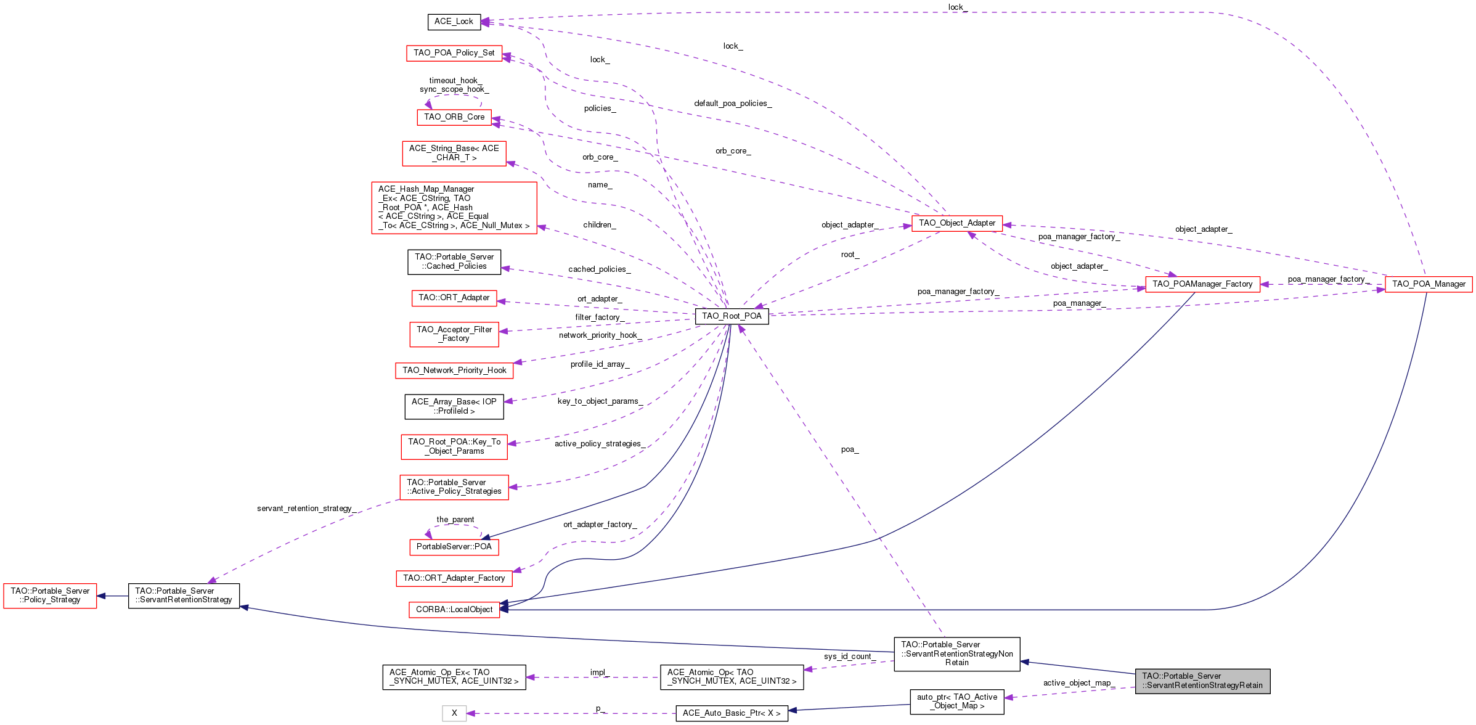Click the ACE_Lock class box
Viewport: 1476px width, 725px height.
tap(454, 22)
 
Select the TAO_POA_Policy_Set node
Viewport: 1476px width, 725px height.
tap(454, 53)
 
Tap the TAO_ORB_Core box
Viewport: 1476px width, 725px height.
tap(454, 117)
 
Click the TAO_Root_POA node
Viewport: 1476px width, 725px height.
tap(732, 316)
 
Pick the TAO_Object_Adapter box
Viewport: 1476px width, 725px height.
tap(957, 223)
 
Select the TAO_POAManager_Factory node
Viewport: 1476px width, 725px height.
tap(1202, 284)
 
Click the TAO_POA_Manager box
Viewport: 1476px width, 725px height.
tap(1429, 284)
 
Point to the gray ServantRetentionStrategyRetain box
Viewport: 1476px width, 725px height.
tap(1202, 681)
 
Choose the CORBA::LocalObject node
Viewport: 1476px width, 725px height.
tap(454, 610)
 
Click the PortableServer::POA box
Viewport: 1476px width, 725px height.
tap(454, 547)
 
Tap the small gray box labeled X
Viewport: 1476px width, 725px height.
tap(454, 713)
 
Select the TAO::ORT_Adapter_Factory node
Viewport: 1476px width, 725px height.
tap(454, 578)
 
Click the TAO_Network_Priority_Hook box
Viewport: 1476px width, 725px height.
tap(454, 371)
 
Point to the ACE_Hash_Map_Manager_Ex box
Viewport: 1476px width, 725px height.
tap(454, 208)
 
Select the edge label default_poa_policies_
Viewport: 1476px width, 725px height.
tap(733, 104)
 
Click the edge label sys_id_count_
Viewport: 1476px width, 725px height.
tap(849, 657)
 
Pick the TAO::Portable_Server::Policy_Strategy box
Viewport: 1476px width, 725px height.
tap(50, 596)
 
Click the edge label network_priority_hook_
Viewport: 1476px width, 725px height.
tap(600, 335)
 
